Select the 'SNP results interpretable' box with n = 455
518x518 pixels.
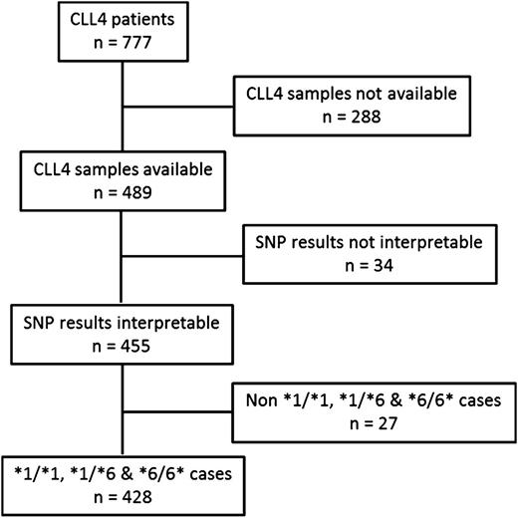coord(121,331)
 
